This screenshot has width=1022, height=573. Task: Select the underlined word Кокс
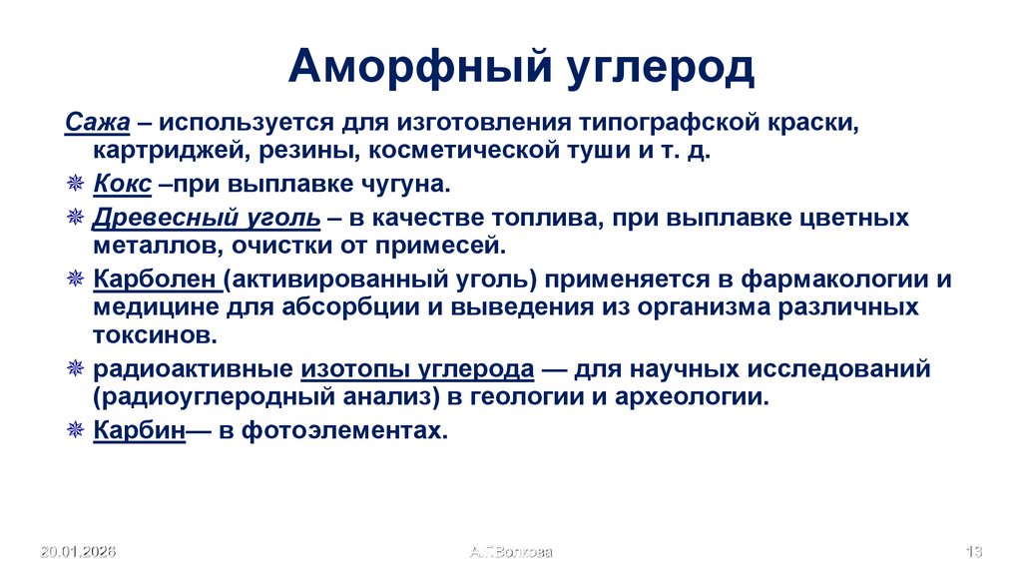click(123, 185)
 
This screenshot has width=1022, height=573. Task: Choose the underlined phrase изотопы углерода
click(416, 368)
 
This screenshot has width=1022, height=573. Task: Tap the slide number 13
click(975, 551)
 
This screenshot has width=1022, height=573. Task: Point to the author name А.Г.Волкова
click(510, 551)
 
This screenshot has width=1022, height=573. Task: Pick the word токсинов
click(153, 333)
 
